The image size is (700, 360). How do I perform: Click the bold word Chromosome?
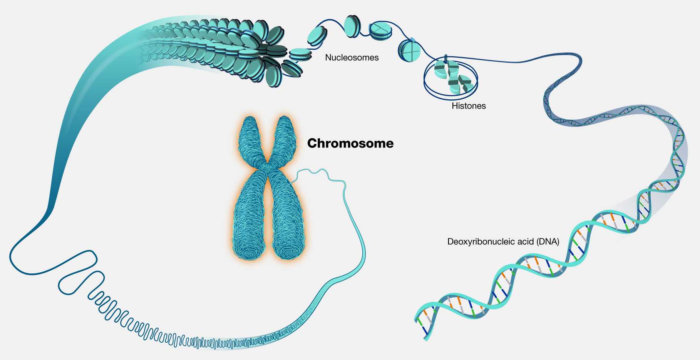coord(350,143)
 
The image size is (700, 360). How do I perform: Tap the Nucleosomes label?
coord(352,57)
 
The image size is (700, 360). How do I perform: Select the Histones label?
coord(469,106)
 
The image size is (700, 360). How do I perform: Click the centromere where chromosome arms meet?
coord(266,166)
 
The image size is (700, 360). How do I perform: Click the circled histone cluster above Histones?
coord(451,77)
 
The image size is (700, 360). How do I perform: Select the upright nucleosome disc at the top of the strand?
coord(352,26)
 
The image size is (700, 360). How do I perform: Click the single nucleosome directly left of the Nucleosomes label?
coord(301,55)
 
